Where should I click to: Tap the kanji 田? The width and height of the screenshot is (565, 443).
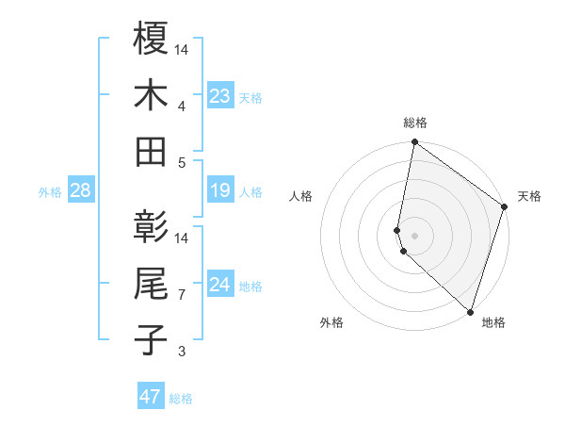pyautogui.click(x=151, y=151)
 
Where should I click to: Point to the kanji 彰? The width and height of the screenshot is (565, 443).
pyautogui.click(x=151, y=226)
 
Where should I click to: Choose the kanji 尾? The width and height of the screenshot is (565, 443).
pyautogui.click(x=151, y=284)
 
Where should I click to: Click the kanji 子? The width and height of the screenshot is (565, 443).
pyautogui.click(x=151, y=340)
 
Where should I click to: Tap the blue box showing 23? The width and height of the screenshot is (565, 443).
pyautogui.click(x=220, y=96)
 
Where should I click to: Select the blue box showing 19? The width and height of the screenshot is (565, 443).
pyautogui.click(x=220, y=191)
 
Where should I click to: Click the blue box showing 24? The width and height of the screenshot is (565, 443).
pyautogui.click(x=220, y=285)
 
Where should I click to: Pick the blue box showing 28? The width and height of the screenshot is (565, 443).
pyautogui.click(x=81, y=191)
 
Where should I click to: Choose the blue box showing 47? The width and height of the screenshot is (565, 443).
pyautogui.click(x=151, y=397)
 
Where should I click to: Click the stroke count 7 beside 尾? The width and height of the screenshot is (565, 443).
pyautogui.click(x=183, y=295)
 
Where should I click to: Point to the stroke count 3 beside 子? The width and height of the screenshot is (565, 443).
pyautogui.click(x=183, y=353)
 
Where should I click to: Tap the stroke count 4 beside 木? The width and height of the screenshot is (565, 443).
pyautogui.click(x=183, y=106)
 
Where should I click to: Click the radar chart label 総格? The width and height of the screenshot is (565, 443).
pyautogui.click(x=415, y=123)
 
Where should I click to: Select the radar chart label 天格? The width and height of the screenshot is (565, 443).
pyautogui.click(x=529, y=196)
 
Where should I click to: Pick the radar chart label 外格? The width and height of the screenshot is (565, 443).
pyautogui.click(x=331, y=322)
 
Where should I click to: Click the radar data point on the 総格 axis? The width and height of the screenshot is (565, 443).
pyautogui.click(x=414, y=143)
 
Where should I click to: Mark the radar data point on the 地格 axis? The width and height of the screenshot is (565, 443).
pyautogui.click(x=469, y=311)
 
